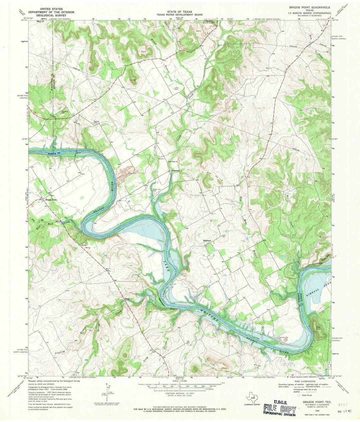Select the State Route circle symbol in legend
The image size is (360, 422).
[299, 395]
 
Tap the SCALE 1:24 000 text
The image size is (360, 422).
[180, 381]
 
